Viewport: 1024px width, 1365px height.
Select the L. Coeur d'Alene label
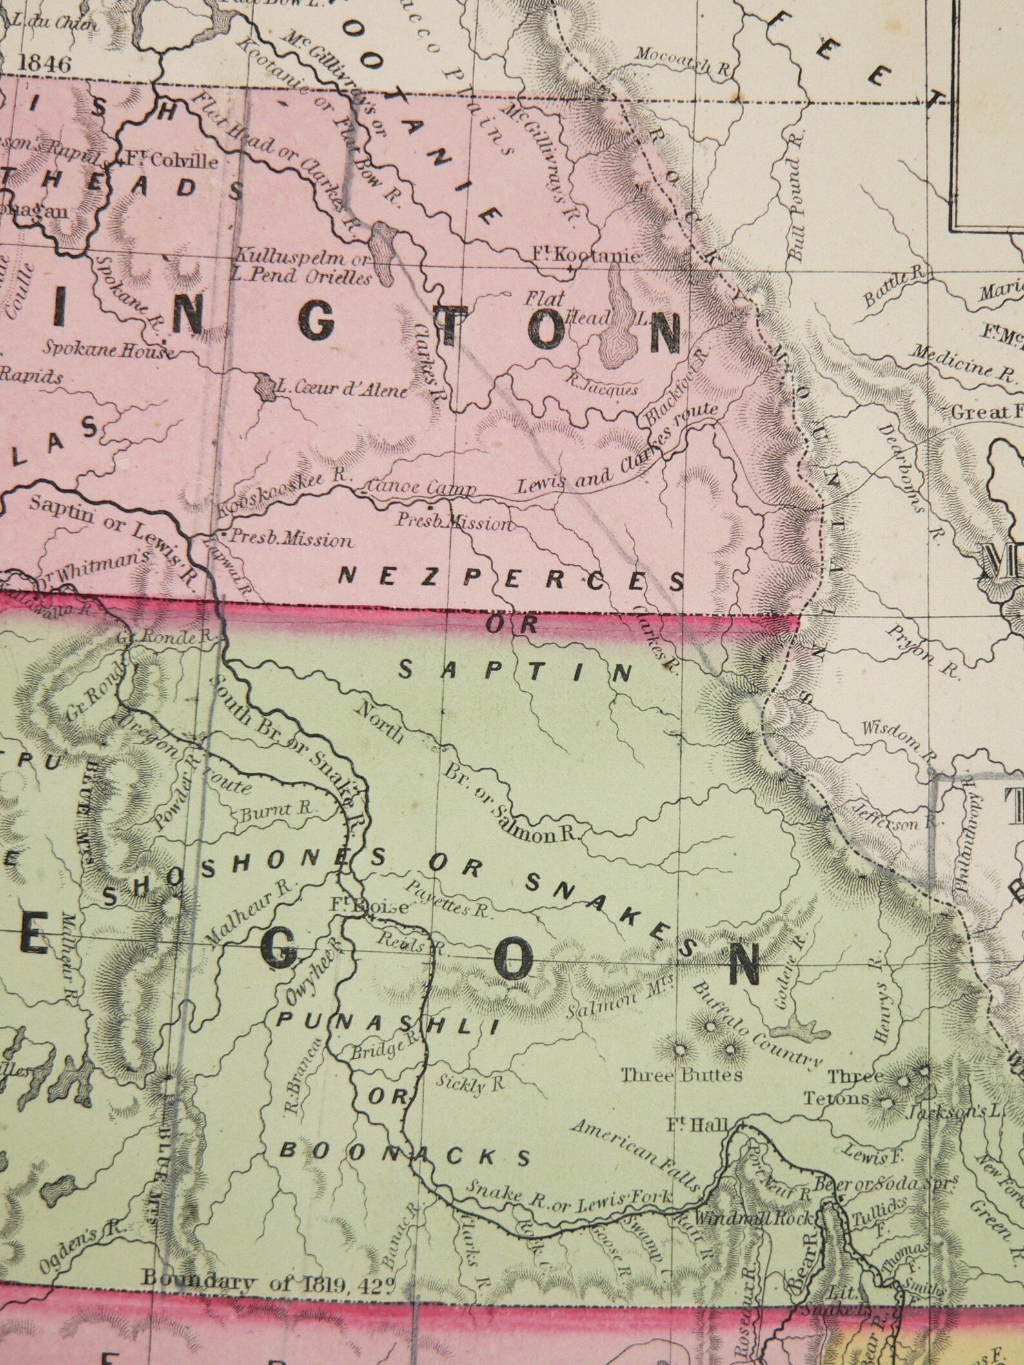pos(341,389)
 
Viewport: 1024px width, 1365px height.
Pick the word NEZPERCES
pos(511,578)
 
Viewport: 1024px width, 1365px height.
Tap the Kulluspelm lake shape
pos(385,253)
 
